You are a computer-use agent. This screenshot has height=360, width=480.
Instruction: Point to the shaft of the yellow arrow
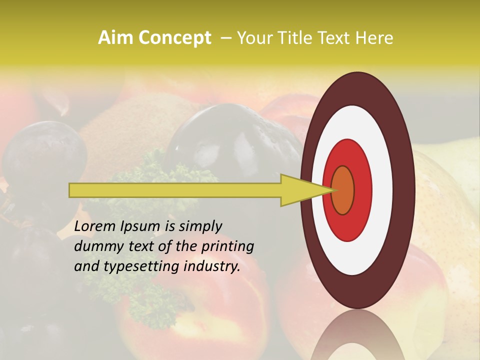point(175,190)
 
